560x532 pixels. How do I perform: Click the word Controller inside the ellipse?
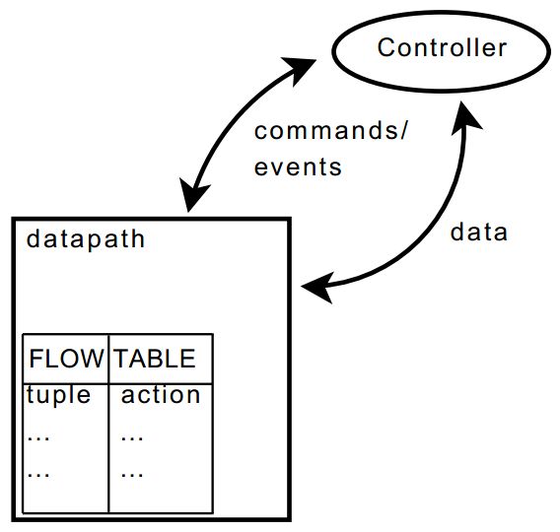click(442, 47)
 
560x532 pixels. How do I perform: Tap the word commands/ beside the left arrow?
click(330, 130)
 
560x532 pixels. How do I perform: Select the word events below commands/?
click(298, 166)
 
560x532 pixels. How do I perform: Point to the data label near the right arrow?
click(478, 232)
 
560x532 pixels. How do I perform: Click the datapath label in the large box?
click(86, 239)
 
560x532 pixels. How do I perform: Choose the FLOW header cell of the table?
click(65, 359)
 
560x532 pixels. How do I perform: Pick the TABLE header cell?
click(161, 359)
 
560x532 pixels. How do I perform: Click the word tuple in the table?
click(58, 395)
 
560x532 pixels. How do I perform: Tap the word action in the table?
click(161, 395)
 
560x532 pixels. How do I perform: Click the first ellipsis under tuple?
click(38, 438)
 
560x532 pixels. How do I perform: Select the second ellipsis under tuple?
click(38, 475)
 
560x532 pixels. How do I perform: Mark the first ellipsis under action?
click(132, 438)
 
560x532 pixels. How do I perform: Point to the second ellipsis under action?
click(132, 475)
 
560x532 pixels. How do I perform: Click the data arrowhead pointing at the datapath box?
click(317, 288)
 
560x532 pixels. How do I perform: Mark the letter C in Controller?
click(386, 47)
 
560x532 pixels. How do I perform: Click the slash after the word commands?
click(403, 131)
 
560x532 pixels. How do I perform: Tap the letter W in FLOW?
click(91, 359)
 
